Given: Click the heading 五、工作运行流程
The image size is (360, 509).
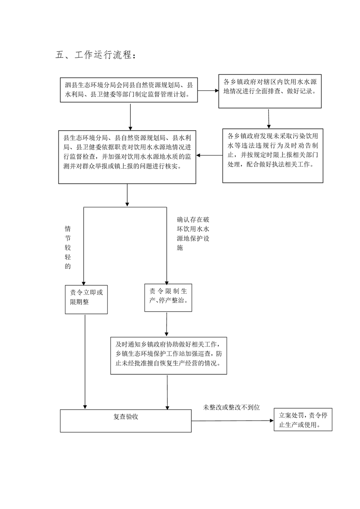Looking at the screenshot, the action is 95,54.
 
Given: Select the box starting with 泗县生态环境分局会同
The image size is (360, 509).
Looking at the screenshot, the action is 129,90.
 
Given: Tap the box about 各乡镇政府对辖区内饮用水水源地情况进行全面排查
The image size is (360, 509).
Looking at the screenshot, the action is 270,91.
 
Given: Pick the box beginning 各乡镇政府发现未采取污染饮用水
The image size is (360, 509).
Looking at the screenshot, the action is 272,156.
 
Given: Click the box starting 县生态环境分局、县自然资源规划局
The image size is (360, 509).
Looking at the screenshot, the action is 127,157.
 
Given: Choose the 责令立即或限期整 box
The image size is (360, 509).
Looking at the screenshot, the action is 86,299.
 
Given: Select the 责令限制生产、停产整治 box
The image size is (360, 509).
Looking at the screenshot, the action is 168,298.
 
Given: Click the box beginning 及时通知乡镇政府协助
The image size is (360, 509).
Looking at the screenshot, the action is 168,356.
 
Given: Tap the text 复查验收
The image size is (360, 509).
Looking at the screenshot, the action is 126,416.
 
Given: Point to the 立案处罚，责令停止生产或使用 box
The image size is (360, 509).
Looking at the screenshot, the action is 303,420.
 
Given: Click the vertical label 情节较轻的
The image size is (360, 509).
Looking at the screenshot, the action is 68,247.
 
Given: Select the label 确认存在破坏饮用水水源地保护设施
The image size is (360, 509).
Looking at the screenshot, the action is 193,233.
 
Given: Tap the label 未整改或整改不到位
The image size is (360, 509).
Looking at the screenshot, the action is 232,407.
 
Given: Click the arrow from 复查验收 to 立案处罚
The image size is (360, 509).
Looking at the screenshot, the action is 232,421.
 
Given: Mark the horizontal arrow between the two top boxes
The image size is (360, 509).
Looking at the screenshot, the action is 208,91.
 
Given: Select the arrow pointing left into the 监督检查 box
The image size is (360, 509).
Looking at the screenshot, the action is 209,156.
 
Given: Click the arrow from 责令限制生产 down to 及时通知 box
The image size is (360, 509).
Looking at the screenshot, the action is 167,324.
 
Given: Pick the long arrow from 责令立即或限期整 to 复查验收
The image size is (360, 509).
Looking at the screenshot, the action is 85,362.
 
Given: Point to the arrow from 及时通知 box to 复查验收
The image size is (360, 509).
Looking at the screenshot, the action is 168,392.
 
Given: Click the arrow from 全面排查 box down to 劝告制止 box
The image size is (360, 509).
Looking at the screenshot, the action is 269,118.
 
